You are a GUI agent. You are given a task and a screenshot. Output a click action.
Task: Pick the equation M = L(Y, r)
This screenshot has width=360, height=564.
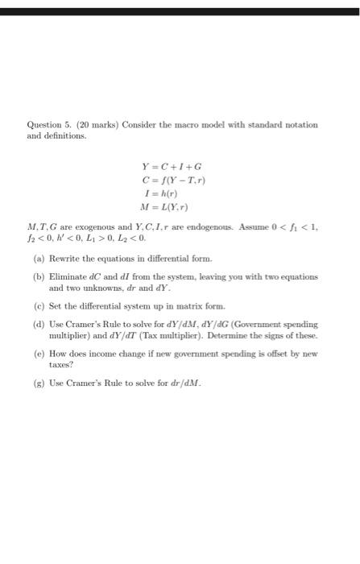coord(169,207)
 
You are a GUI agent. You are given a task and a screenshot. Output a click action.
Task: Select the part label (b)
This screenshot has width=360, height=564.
coord(39,276)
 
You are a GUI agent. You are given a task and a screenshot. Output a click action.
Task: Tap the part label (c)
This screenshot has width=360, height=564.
coord(39,306)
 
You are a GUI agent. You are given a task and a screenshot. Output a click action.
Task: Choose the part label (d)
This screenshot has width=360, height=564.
coord(39,324)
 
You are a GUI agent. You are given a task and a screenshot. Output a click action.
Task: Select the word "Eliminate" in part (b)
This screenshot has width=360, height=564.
coord(67,276)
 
